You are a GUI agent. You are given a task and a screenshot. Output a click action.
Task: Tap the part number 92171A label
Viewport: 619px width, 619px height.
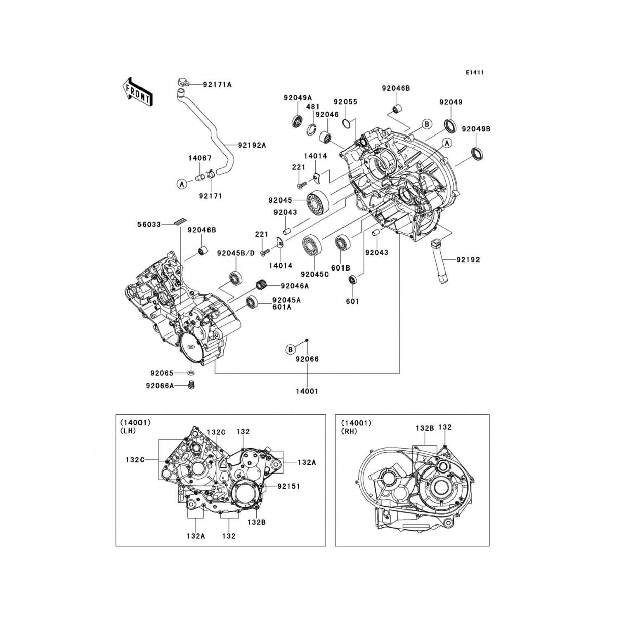217,85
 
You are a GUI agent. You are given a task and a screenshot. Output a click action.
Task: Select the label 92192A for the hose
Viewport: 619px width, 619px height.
252,145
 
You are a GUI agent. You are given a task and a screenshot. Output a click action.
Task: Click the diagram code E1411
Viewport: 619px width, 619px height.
475,73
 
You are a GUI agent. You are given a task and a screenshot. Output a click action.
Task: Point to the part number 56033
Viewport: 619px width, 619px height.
149,225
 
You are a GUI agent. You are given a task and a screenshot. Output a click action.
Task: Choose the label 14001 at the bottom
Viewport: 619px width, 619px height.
307,391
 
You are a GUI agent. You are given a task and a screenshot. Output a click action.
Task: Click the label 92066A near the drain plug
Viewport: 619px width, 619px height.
160,386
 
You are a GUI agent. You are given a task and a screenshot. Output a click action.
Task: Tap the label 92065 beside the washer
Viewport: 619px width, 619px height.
162,373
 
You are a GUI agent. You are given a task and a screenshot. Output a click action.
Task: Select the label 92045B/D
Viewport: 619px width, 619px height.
236,253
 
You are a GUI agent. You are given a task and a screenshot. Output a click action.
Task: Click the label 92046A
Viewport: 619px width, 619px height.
295,286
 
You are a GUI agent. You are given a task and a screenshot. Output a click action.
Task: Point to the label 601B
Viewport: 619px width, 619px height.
340,268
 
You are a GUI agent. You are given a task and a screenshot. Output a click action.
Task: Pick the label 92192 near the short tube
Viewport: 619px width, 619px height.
468,260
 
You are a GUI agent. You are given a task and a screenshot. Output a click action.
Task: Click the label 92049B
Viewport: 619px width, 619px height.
476,129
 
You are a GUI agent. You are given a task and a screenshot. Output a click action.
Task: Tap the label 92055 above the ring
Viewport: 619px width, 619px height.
345,102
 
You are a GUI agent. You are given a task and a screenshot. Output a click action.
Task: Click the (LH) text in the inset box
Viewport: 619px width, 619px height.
128,431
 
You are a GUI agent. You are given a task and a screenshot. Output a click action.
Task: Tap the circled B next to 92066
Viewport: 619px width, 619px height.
291,350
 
